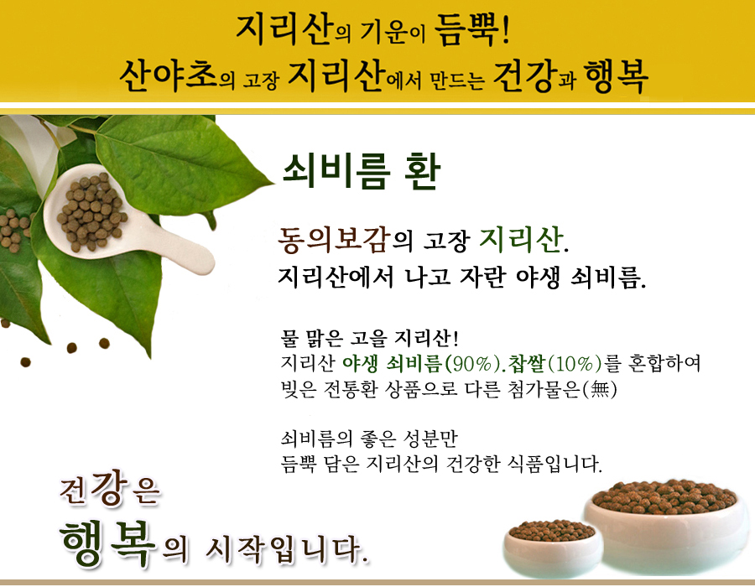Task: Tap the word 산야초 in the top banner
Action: tap(169, 75)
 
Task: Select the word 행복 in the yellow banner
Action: tap(616, 76)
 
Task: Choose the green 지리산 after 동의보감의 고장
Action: tap(520, 239)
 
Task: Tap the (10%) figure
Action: tap(575, 363)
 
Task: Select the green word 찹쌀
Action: tap(526, 363)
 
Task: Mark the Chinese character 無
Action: tap(600, 388)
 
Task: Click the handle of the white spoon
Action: tap(178, 247)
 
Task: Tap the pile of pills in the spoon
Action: tap(91, 210)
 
